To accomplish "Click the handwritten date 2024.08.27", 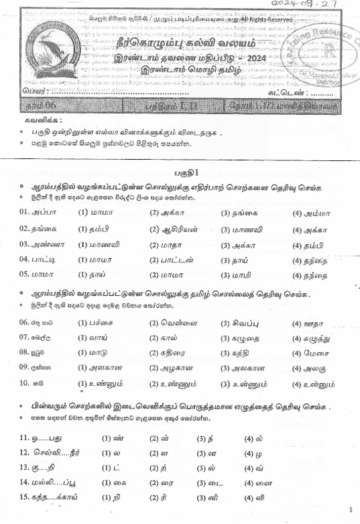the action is click(320, 5).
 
